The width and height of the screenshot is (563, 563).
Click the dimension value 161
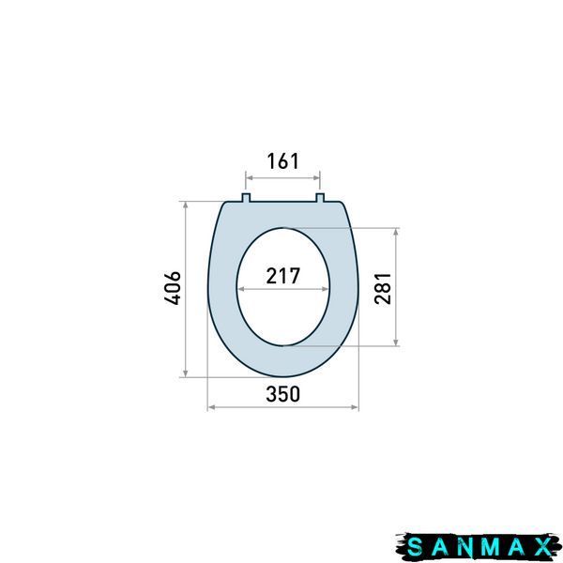(x=282, y=161)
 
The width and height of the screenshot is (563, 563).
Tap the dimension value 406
(x=173, y=288)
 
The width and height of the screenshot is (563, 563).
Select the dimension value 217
(x=283, y=276)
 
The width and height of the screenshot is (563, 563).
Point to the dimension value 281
(x=383, y=288)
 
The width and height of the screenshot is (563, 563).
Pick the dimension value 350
(x=283, y=394)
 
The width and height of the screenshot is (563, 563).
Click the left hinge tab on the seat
(x=246, y=197)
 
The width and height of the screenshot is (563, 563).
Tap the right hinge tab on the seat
(x=320, y=197)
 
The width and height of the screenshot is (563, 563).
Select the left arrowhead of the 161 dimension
(x=249, y=177)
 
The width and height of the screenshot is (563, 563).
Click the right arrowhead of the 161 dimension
(x=317, y=177)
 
